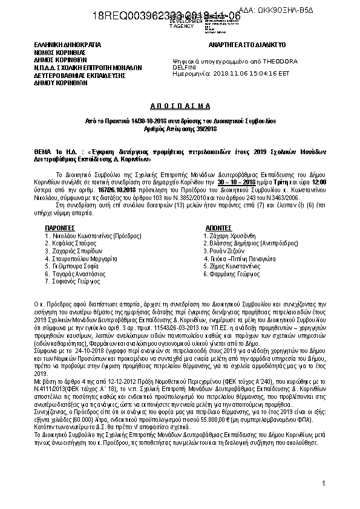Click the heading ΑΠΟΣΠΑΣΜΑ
[x=179, y=105]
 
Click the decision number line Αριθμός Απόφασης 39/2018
[x=179, y=129]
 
